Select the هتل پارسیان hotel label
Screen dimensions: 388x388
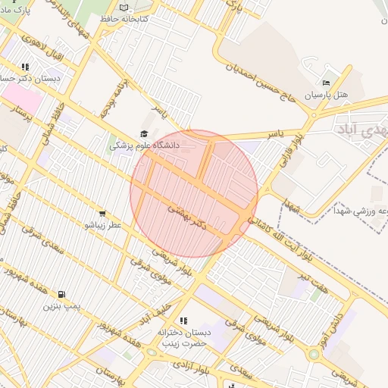[x=326, y=96]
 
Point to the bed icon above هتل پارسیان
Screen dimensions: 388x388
[x=327, y=83]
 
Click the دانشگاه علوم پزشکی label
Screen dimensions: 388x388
[x=145, y=144]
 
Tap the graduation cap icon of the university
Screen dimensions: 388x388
[x=145, y=133]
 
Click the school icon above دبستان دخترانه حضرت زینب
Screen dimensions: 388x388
[x=181, y=321]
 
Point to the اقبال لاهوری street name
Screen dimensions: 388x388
[x=41, y=46]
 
